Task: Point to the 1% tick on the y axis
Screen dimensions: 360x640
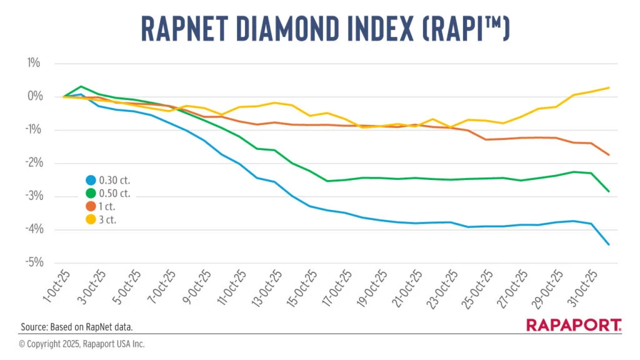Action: (x=34, y=63)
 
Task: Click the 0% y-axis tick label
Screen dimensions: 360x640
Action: (x=33, y=96)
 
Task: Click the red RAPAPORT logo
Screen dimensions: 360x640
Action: (x=574, y=325)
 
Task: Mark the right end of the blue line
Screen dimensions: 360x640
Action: (x=609, y=244)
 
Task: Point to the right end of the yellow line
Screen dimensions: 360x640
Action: (x=609, y=87)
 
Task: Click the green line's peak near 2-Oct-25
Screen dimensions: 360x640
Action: (x=81, y=86)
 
